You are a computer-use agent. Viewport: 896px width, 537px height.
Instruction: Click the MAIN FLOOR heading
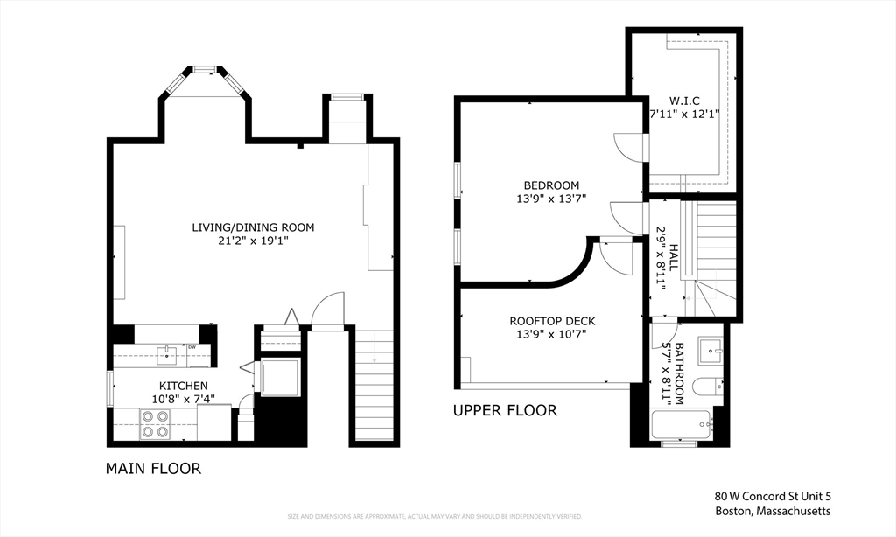(153, 469)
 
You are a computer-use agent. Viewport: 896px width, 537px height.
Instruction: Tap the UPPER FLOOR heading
(504, 410)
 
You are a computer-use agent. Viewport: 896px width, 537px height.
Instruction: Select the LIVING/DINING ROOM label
(253, 227)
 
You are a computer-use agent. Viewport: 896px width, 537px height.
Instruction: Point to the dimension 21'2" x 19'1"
(253, 241)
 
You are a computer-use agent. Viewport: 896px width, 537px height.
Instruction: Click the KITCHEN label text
(183, 386)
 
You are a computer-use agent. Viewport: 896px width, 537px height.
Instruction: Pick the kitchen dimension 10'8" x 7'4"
(183, 399)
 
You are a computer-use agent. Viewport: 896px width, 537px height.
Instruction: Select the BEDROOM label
(551, 185)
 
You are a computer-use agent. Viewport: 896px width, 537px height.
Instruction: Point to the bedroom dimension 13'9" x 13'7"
(551, 199)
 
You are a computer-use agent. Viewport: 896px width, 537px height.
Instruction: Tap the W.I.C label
(684, 100)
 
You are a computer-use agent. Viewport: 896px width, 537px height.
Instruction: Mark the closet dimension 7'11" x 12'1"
(684, 114)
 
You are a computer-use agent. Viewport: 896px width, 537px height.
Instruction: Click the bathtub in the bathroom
(682, 425)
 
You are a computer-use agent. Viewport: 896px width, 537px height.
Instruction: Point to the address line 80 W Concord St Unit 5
(772, 495)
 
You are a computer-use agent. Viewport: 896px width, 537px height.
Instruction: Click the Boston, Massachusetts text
(772, 512)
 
